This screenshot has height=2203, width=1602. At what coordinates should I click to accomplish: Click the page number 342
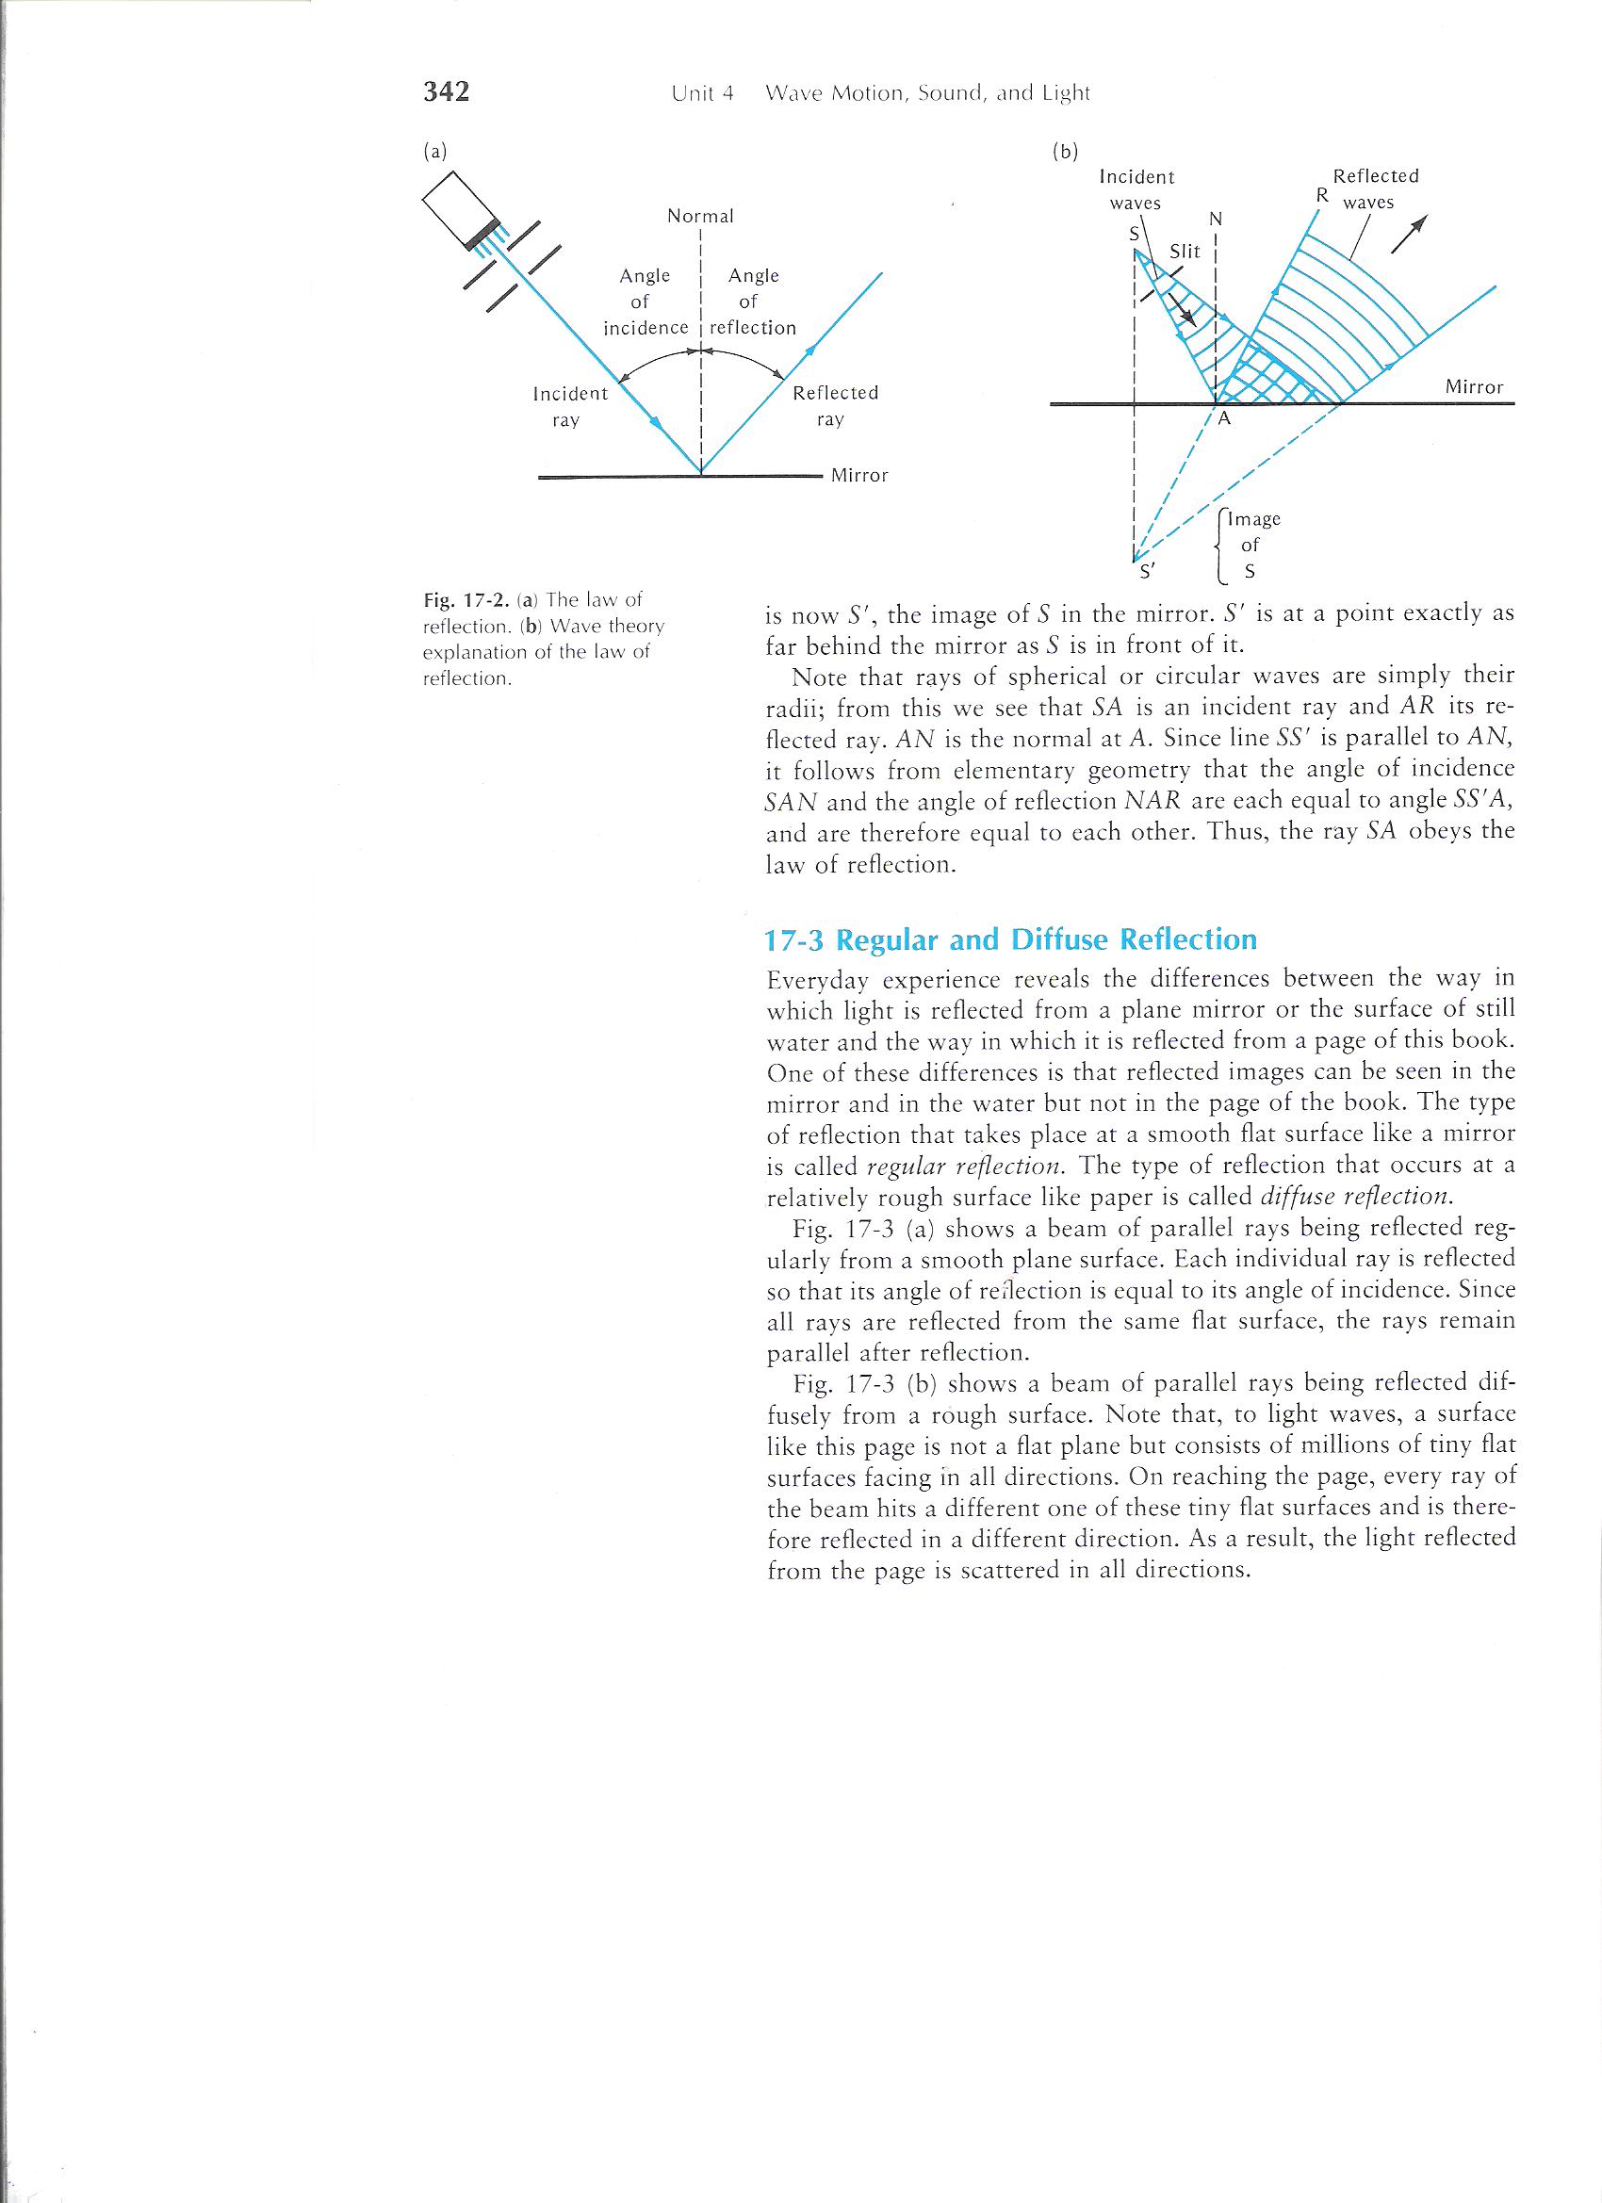(x=447, y=91)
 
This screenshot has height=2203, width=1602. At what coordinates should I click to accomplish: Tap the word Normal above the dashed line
(x=700, y=217)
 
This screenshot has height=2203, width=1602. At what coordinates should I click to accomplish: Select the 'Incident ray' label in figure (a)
(x=570, y=407)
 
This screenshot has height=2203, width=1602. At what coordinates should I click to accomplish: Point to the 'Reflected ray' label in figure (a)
(x=835, y=406)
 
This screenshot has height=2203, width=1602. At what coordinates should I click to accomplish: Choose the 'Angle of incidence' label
(x=646, y=302)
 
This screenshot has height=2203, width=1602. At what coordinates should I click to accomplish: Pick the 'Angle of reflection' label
(x=753, y=302)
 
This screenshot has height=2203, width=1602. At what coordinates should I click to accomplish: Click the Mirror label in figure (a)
(x=859, y=476)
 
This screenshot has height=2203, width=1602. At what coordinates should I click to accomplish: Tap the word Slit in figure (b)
(x=1185, y=252)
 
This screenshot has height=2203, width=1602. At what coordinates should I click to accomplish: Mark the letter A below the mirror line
(x=1224, y=419)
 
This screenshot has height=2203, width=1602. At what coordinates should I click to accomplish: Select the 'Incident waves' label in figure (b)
(x=1136, y=189)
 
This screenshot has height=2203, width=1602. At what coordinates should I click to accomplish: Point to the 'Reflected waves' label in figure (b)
(x=1374, y=189)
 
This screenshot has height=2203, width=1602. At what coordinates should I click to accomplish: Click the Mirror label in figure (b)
(x=1474, y=387)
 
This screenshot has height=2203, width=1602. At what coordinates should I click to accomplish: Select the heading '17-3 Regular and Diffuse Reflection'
(x=1010, y=940)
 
